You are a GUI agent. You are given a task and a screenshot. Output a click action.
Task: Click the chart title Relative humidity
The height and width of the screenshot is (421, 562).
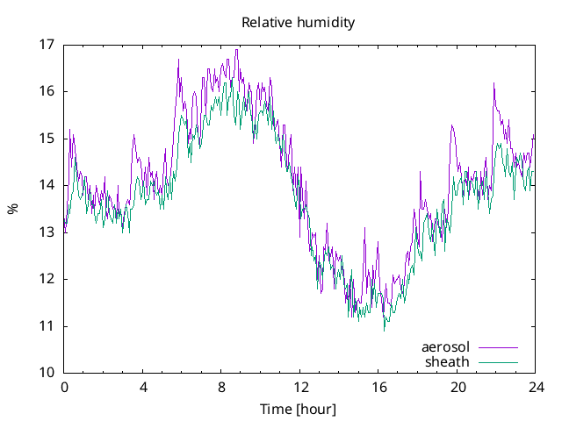[x=299, y=23]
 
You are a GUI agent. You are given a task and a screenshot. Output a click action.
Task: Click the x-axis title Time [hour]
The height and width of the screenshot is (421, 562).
[x=299, y=410]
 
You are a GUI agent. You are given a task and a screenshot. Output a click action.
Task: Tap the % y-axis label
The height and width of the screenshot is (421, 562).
[x=12, y=209]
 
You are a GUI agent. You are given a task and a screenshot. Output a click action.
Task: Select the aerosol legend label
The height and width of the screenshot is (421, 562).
[x=446, y=347]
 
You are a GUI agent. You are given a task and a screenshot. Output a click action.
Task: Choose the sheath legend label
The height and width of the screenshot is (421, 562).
[x=448, y=361]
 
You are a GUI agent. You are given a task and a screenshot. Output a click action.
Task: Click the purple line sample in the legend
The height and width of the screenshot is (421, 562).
[x=497, y=348]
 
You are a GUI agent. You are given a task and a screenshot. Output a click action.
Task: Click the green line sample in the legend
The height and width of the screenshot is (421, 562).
[x=497, y=362]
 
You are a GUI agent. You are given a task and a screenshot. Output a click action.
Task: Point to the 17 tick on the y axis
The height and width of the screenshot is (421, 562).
[x=47, y=44]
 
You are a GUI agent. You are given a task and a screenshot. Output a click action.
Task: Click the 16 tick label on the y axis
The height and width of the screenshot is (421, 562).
[x=47, y=91]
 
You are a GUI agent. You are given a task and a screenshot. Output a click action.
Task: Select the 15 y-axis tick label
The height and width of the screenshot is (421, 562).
[x=47, y=139]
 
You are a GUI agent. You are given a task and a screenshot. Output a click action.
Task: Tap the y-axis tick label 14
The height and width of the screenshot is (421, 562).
[x=47, y=185]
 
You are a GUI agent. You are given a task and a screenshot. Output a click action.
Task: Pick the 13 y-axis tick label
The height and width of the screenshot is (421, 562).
[x=47, y=232]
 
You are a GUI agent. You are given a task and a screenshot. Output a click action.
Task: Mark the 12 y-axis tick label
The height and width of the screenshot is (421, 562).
[x=47, y=279]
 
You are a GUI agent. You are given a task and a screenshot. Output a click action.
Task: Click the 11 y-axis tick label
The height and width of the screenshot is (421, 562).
[x=47, y=326]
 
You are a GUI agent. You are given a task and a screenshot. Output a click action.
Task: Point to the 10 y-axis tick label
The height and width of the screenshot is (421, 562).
[x=47, y=373]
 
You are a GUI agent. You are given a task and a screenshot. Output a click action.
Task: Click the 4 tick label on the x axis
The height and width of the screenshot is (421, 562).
[x=142, y=387]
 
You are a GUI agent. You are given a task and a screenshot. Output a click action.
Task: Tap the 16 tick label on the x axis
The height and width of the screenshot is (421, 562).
[x=378, y=387]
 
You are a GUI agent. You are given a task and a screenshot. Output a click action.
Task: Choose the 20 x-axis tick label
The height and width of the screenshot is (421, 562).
[x=458, y=387]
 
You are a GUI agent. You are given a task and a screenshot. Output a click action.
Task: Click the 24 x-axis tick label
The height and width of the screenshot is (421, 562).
[x=536, y=387]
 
